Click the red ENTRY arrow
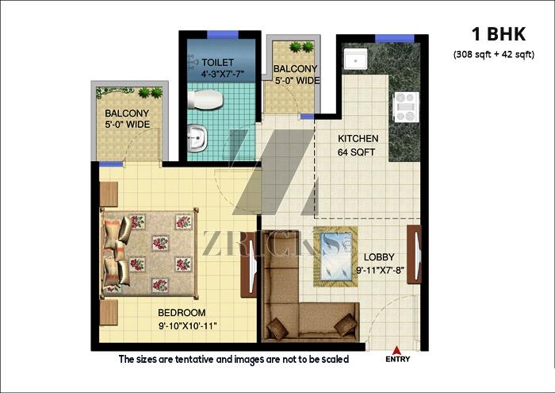[x=396, y=350]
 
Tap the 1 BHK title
[x=499, y=34]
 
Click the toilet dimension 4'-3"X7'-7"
[x=223, y=75]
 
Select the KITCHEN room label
[x=358, y=138]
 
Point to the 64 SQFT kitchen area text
[x=356, y=152]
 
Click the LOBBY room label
[x=379, y=257]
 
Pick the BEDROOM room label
[x=182, y=313]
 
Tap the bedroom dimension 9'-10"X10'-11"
[x=188, y=326]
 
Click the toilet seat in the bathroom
[x=205, y=99]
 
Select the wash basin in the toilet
[x=197, y=138]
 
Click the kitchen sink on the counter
[x=356, y=60]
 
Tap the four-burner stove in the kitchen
[x=406, y=106]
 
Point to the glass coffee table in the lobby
[x=335, y=256]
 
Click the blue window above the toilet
[x=223, y=34]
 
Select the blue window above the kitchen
[x=394, y=38]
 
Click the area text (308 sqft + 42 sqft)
[x=494, y=55]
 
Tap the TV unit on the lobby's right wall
[x=414, y=254]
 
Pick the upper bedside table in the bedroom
[x=109, y=195]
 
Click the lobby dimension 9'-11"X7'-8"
[x=380, y=271]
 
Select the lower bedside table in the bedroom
[x=109, y=312]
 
